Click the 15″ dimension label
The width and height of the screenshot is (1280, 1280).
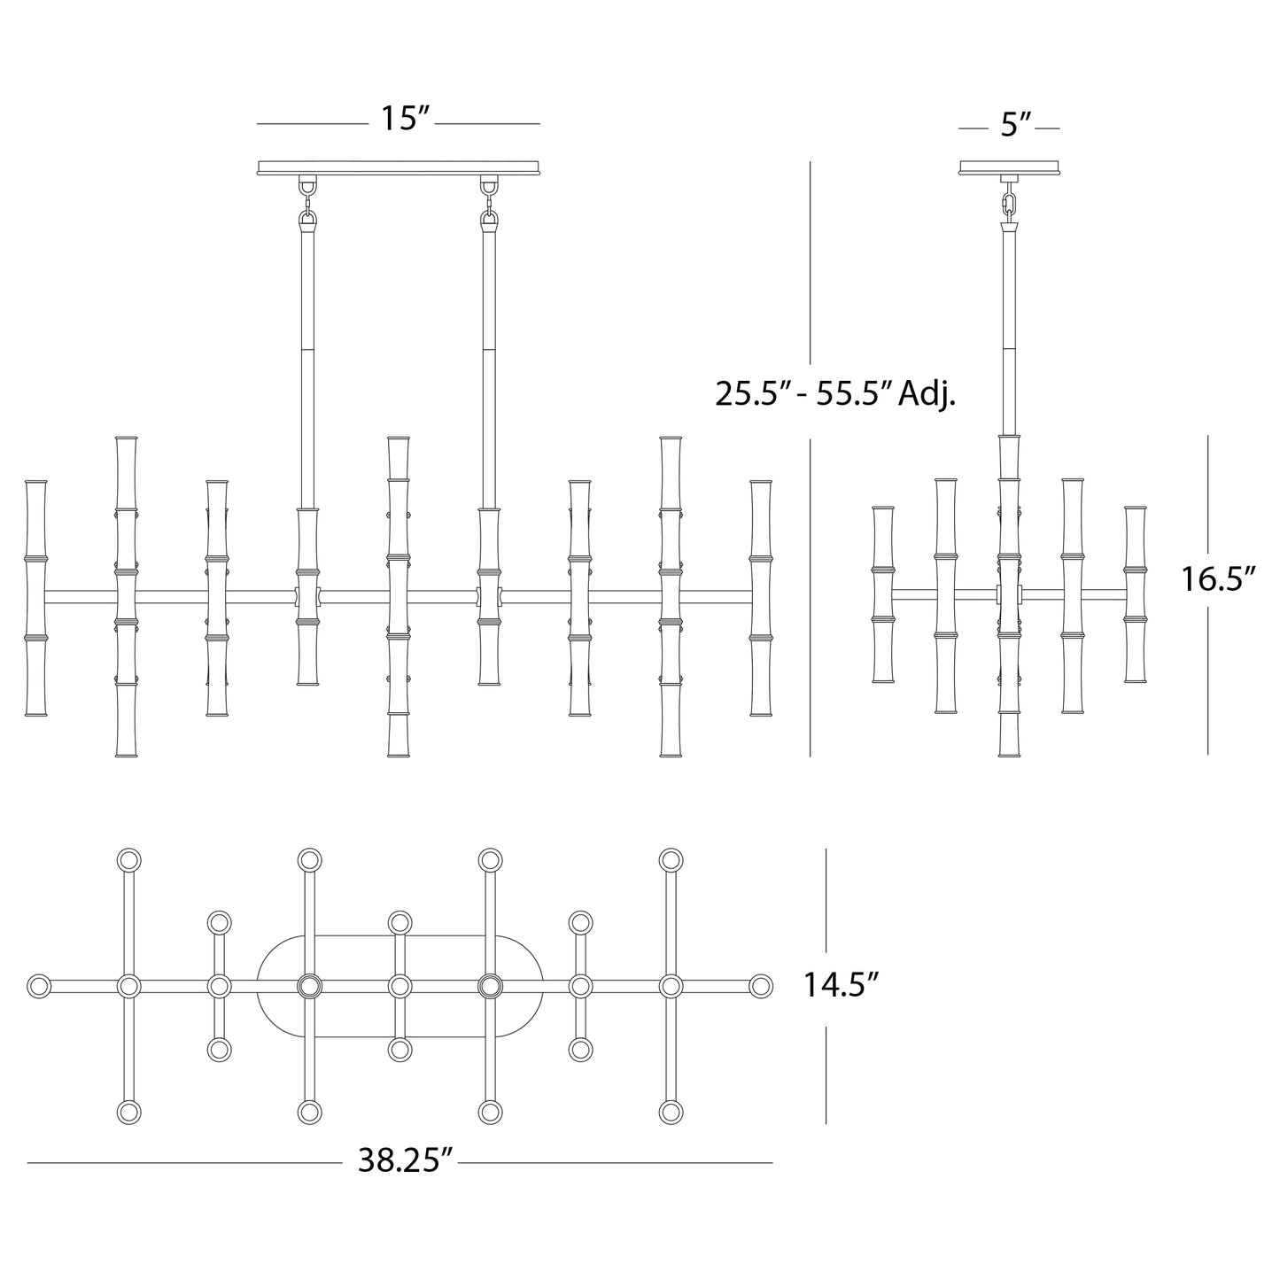coord(404,118)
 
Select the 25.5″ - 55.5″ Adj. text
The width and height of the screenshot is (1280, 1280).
coord(835,392)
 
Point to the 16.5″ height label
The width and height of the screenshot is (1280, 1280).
coord(1219,579)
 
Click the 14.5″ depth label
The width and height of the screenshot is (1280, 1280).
coord(841,985)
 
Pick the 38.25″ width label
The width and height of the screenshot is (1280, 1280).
coord(405,1160)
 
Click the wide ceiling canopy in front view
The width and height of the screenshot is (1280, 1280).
coord(399,167)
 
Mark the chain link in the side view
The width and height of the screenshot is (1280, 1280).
coord(1009,204)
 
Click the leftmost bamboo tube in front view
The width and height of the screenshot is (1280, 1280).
coord(36,598)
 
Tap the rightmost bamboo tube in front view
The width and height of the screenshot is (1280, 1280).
coord(760,598)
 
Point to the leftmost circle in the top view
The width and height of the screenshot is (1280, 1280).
coord(38,986)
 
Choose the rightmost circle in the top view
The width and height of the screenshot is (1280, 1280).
coord(760,986)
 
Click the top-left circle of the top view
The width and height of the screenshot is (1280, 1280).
coord(129,860)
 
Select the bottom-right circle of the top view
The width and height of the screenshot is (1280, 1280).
coord(671,1112)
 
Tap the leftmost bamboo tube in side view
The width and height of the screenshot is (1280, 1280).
coord(883,594)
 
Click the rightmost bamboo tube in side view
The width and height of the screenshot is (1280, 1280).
coord(1136,594)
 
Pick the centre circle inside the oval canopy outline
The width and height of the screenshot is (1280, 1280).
coord(400,986)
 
